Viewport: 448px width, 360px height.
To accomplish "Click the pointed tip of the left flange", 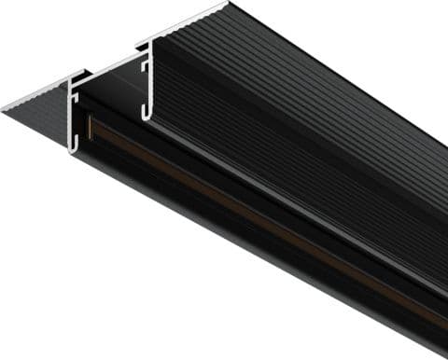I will pyautogui.click(x=4, y=109).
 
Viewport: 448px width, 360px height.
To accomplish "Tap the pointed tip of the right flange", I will pyautogui.click(x=227, y=4).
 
